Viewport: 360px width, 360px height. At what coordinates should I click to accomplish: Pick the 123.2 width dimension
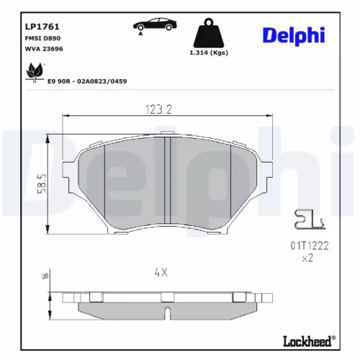[167, 109]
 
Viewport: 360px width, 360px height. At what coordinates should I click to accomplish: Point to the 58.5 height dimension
[42, 184]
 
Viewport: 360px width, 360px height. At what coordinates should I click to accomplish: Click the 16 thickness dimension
[45, 276]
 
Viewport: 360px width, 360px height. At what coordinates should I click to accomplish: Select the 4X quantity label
[161, 273]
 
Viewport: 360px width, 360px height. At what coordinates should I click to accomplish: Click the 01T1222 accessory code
[310, 245]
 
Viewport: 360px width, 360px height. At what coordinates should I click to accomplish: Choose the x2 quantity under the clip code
[307, 257]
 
